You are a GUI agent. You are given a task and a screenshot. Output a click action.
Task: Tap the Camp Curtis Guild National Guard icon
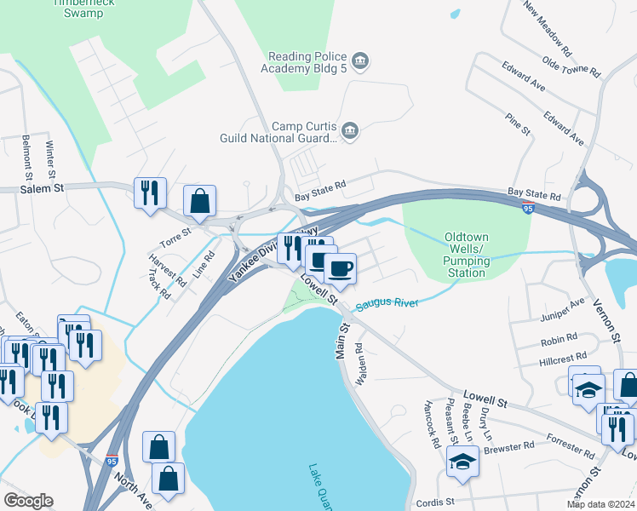[350, 130]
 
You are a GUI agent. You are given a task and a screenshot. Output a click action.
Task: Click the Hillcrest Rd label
[564, 358]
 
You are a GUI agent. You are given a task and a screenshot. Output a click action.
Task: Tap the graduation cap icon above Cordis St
[462, 461]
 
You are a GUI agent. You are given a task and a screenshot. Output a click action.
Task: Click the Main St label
[344, 338]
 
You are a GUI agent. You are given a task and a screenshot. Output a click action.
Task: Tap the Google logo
[28, 501]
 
